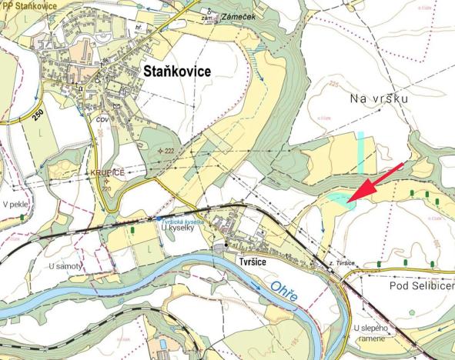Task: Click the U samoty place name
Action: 66,265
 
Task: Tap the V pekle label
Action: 15,205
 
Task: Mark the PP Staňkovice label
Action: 28,5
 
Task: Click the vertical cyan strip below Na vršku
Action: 360,152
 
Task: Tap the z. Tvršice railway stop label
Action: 340,264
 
